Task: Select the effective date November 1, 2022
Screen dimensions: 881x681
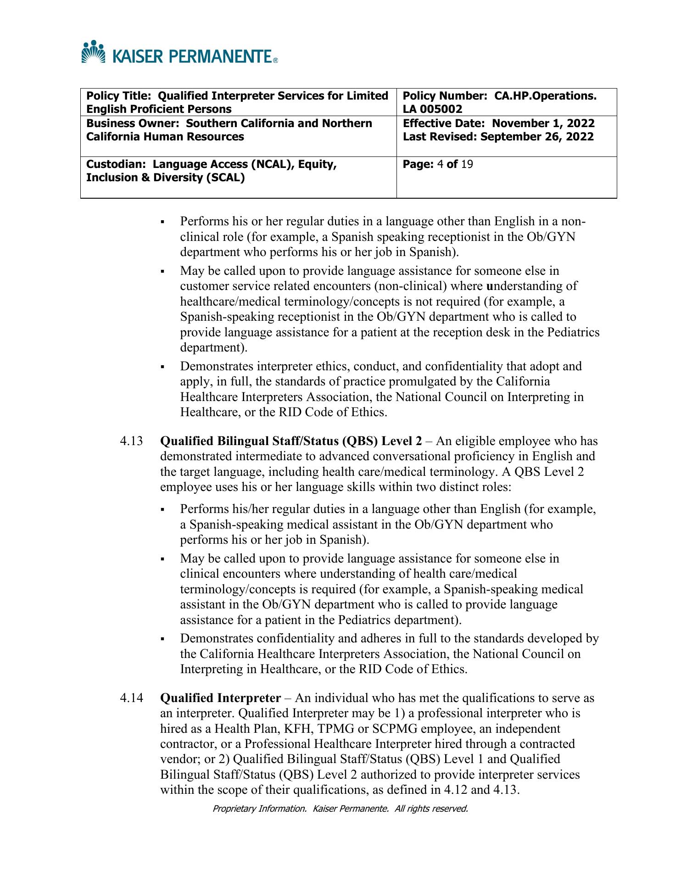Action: coord(543,123)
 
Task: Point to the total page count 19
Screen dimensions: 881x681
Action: coord(467,164)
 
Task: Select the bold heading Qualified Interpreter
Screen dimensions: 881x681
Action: coord(220,698)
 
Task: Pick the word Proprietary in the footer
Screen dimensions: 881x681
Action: coord(234,809)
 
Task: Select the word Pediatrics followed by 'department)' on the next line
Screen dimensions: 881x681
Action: coord(573,332)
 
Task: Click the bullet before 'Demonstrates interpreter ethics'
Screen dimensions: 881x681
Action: coord(163,367)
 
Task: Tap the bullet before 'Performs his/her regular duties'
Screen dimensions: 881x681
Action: coord(163,510)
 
